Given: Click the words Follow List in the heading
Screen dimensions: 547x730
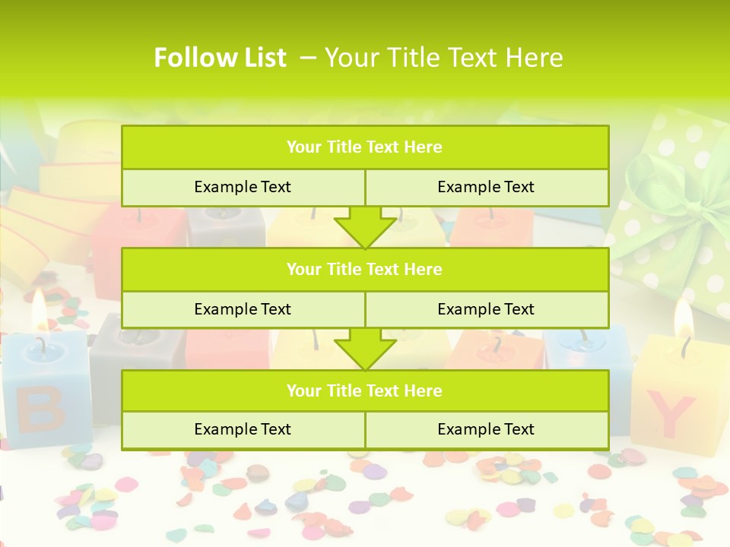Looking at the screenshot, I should pos(220,58).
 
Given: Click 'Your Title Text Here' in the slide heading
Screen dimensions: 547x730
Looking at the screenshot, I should pos(443,58).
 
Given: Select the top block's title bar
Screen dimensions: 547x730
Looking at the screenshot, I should pos(365,147).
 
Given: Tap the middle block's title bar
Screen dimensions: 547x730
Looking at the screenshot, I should pos(365,269).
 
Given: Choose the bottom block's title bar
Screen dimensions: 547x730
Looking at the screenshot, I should pos(365,390).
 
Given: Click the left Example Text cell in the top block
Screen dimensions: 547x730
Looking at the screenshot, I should pos(243,187).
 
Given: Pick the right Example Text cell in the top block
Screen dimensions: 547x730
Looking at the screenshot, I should pos(486,187).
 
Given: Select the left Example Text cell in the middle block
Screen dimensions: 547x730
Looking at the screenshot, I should pos(243,309).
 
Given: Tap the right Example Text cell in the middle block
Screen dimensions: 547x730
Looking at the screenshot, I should pos(486,309).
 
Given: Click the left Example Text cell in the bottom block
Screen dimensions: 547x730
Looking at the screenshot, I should pos(243,429).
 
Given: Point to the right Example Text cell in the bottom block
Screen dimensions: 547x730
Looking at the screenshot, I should pos(486,429).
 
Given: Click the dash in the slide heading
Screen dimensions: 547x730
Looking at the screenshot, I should pos(309,58).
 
